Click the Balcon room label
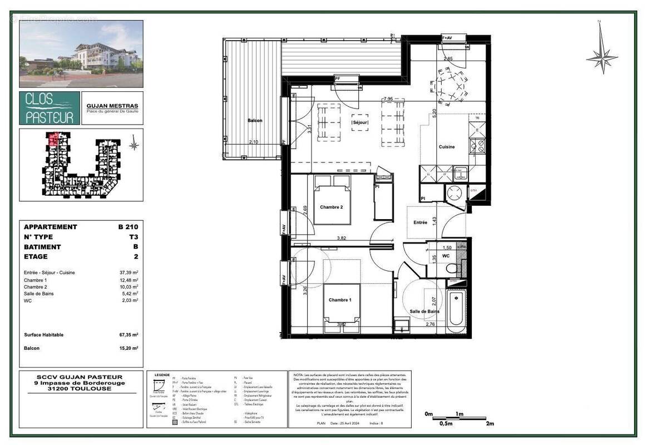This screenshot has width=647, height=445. (x=255, y=121)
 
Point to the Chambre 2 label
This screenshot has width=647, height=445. (x=332, y=207)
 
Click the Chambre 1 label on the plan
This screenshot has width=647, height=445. (x=340, y=300)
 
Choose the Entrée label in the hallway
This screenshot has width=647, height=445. (x=420, y=222)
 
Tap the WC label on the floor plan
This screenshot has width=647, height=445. (x=446, y=256)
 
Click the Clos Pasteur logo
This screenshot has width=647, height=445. (x=49, y=108)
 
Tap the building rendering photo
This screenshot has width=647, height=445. (x=81, y=53)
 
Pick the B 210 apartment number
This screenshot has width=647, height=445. (x=127, y=227)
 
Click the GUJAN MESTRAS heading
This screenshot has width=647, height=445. (x=112, y=106)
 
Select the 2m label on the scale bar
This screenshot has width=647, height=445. (x=490, y=424)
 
